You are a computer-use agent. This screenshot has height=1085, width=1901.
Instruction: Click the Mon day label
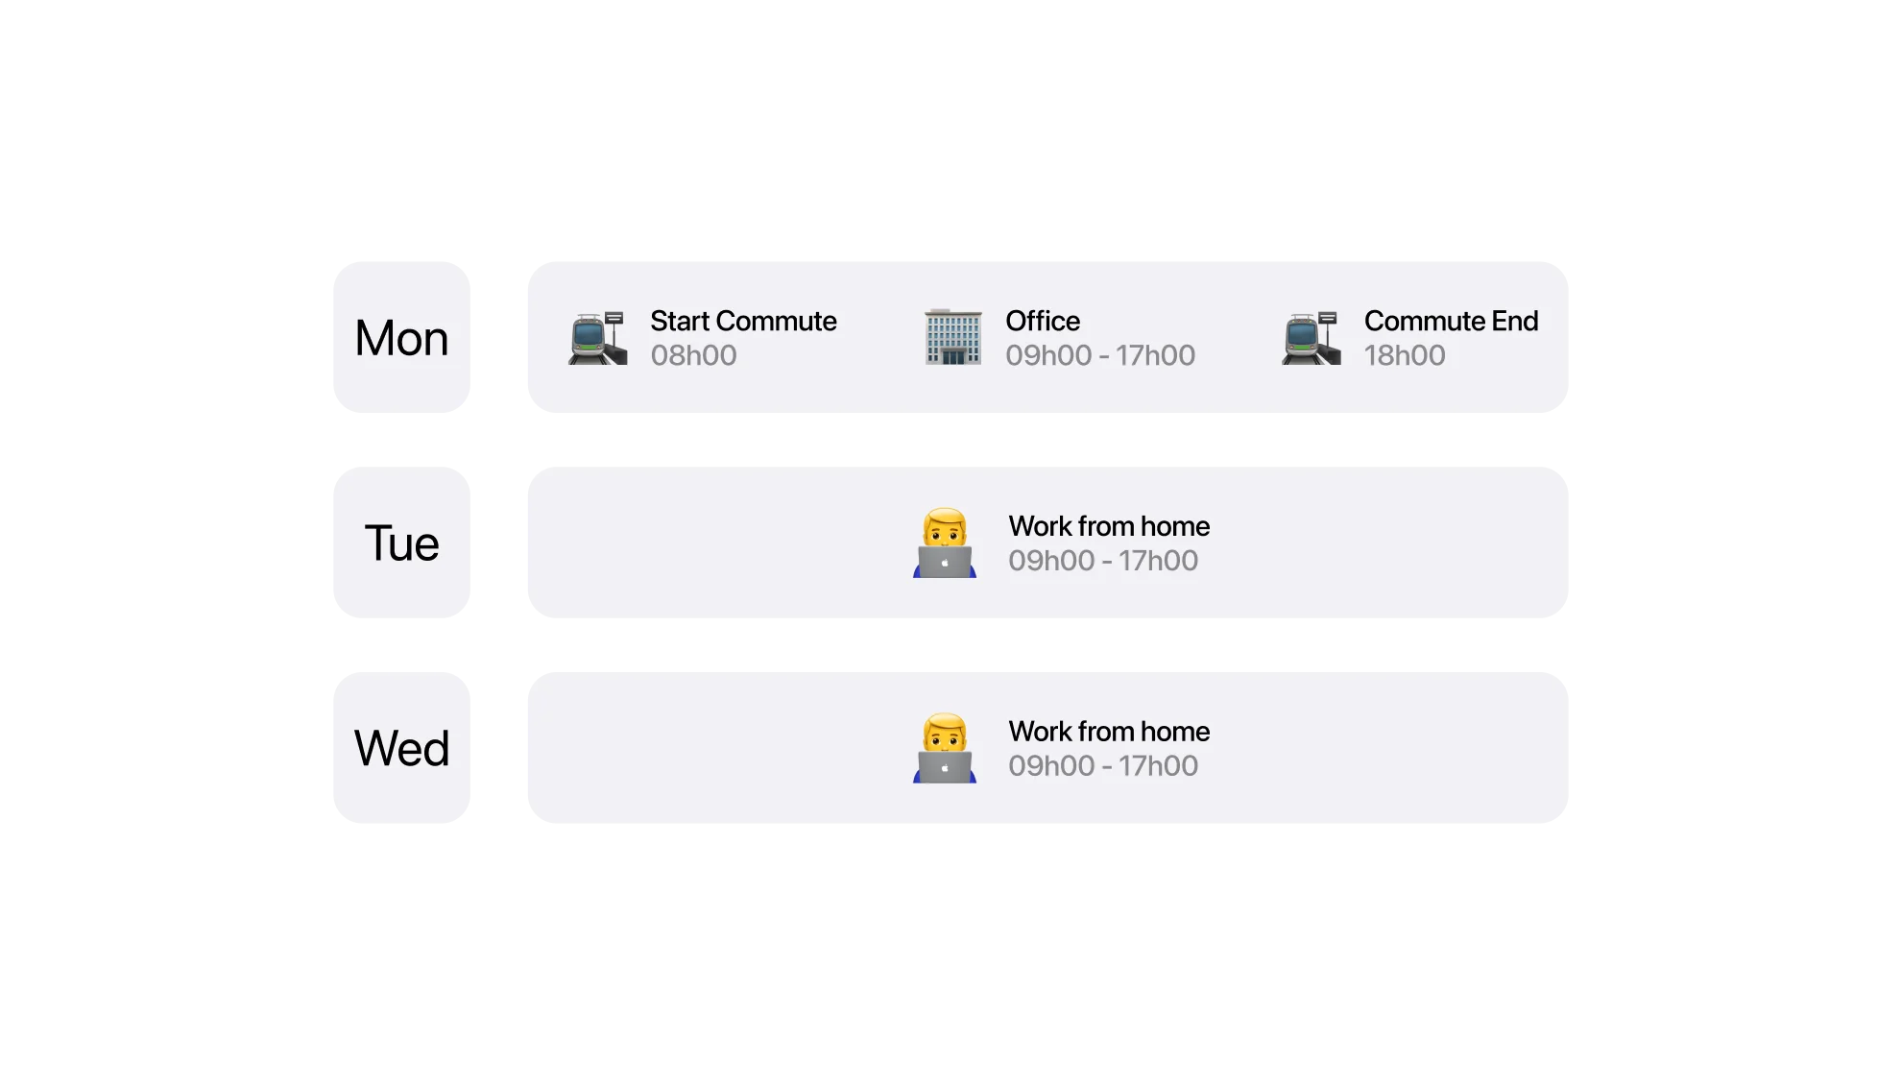coord(402,338)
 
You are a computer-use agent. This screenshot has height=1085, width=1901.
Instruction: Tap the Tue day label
coord(402,543)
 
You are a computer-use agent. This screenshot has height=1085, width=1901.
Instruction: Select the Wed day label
coord(402,749)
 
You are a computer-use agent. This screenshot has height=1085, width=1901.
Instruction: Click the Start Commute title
coord(743,321)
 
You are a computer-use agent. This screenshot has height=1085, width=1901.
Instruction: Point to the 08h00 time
coord(693,355)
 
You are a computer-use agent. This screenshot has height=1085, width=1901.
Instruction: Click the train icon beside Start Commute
coord(597,338)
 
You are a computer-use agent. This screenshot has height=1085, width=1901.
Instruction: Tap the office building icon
coord(952,337)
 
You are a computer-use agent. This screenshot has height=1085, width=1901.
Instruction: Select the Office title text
coord(1043,321)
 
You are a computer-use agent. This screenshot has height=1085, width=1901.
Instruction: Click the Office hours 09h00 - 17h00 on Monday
coord(1100,355)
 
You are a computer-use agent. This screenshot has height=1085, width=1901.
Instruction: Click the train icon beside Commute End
coord(1311,338)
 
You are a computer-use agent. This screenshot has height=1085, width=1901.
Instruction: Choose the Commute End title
coord(1451,321)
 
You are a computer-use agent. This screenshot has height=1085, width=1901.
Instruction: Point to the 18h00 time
coord(1405,355)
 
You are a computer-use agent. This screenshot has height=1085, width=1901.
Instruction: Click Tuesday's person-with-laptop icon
coord(945,543)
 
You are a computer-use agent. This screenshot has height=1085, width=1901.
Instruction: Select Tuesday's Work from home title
coord(1109,526)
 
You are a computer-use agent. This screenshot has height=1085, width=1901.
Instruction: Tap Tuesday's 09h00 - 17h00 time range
coord(1103,561)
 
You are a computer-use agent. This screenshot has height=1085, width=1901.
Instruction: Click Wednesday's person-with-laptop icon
coord(945,749)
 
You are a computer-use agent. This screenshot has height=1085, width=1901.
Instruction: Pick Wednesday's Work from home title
coord(1109,732)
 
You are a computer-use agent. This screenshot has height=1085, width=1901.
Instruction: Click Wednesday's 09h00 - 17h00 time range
coord(1103,766)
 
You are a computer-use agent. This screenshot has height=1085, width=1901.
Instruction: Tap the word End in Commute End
coord(1515,321)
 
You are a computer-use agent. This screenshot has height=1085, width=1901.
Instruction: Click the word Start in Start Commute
coord(680,321)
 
